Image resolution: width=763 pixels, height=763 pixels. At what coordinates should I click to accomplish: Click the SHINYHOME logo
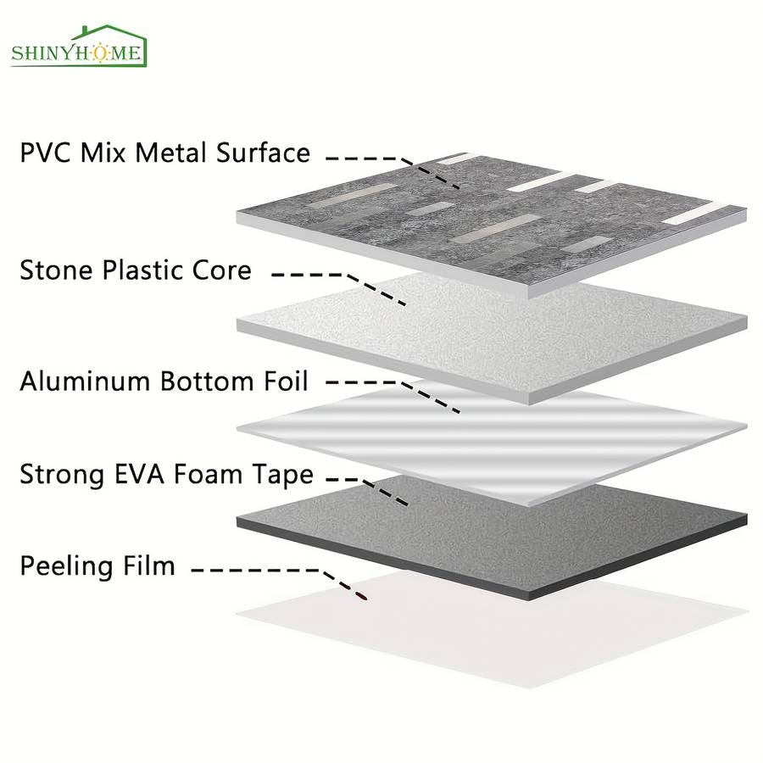[x=79, y=47]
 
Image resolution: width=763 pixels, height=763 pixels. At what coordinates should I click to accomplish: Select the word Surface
[x=264, y=153]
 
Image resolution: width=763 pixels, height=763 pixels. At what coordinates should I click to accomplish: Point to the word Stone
[x=56, y=270]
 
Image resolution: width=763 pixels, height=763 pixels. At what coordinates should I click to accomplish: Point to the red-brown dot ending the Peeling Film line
[x=361, y=596]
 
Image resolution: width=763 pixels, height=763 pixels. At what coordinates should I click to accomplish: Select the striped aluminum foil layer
[x=492, y=443]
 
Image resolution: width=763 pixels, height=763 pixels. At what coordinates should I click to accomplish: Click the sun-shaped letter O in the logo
[x=100, y=53]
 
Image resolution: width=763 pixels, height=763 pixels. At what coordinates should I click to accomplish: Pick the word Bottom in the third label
[x=208, y=381]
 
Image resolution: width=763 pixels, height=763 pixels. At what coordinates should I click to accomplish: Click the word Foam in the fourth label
[x=209, y=474]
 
